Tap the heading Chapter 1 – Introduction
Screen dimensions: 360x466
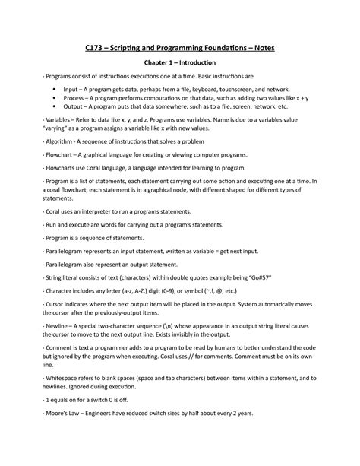point(180,62)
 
